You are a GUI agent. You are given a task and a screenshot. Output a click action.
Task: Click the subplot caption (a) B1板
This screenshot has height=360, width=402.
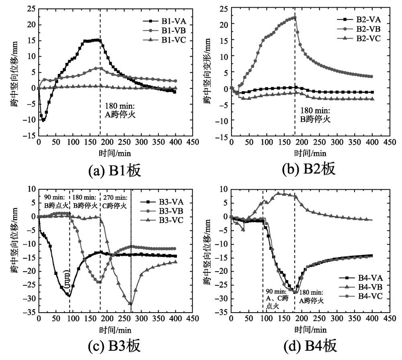115,170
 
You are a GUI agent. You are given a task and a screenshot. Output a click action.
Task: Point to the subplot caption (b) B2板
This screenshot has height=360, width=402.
308,170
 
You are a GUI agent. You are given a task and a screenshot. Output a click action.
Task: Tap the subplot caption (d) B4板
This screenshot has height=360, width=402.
308,345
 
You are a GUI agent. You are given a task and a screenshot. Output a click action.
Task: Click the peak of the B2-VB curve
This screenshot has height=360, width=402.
295,17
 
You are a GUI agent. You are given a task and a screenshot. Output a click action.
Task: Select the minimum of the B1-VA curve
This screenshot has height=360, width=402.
43,120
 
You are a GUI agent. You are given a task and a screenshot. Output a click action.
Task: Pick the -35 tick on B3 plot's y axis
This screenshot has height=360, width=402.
29,312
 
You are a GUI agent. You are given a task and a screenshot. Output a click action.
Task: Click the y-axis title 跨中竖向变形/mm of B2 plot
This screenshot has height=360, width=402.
207,72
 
